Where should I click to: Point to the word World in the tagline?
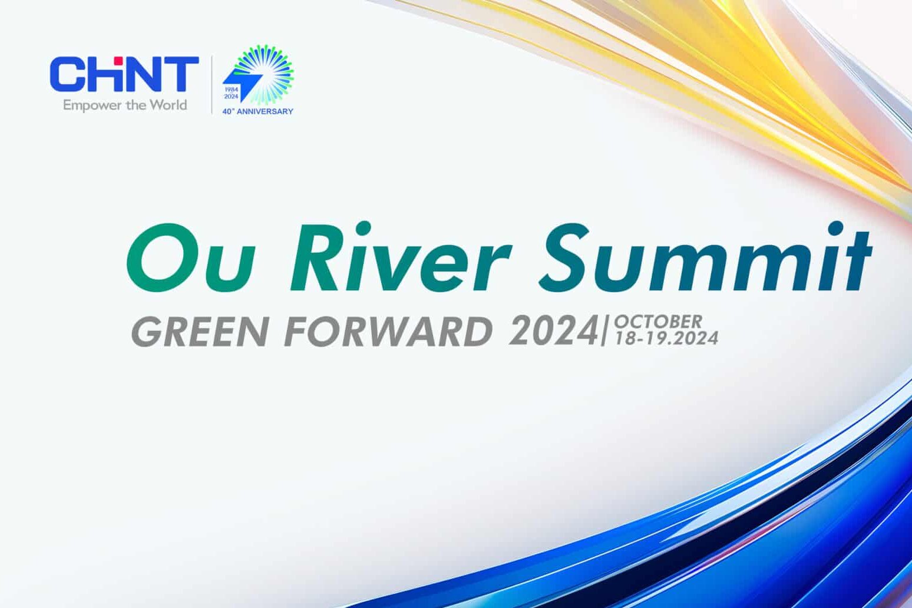coord(167,105)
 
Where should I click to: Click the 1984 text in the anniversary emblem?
coord(231,89)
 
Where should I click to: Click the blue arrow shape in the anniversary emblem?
coord(242,85)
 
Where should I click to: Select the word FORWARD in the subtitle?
coord(388,331)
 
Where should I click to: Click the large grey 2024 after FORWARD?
coord(554,331)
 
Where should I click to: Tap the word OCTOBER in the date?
coord(658,322)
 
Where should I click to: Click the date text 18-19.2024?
coord(666,338)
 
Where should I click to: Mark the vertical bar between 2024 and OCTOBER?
coord(604,331)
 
